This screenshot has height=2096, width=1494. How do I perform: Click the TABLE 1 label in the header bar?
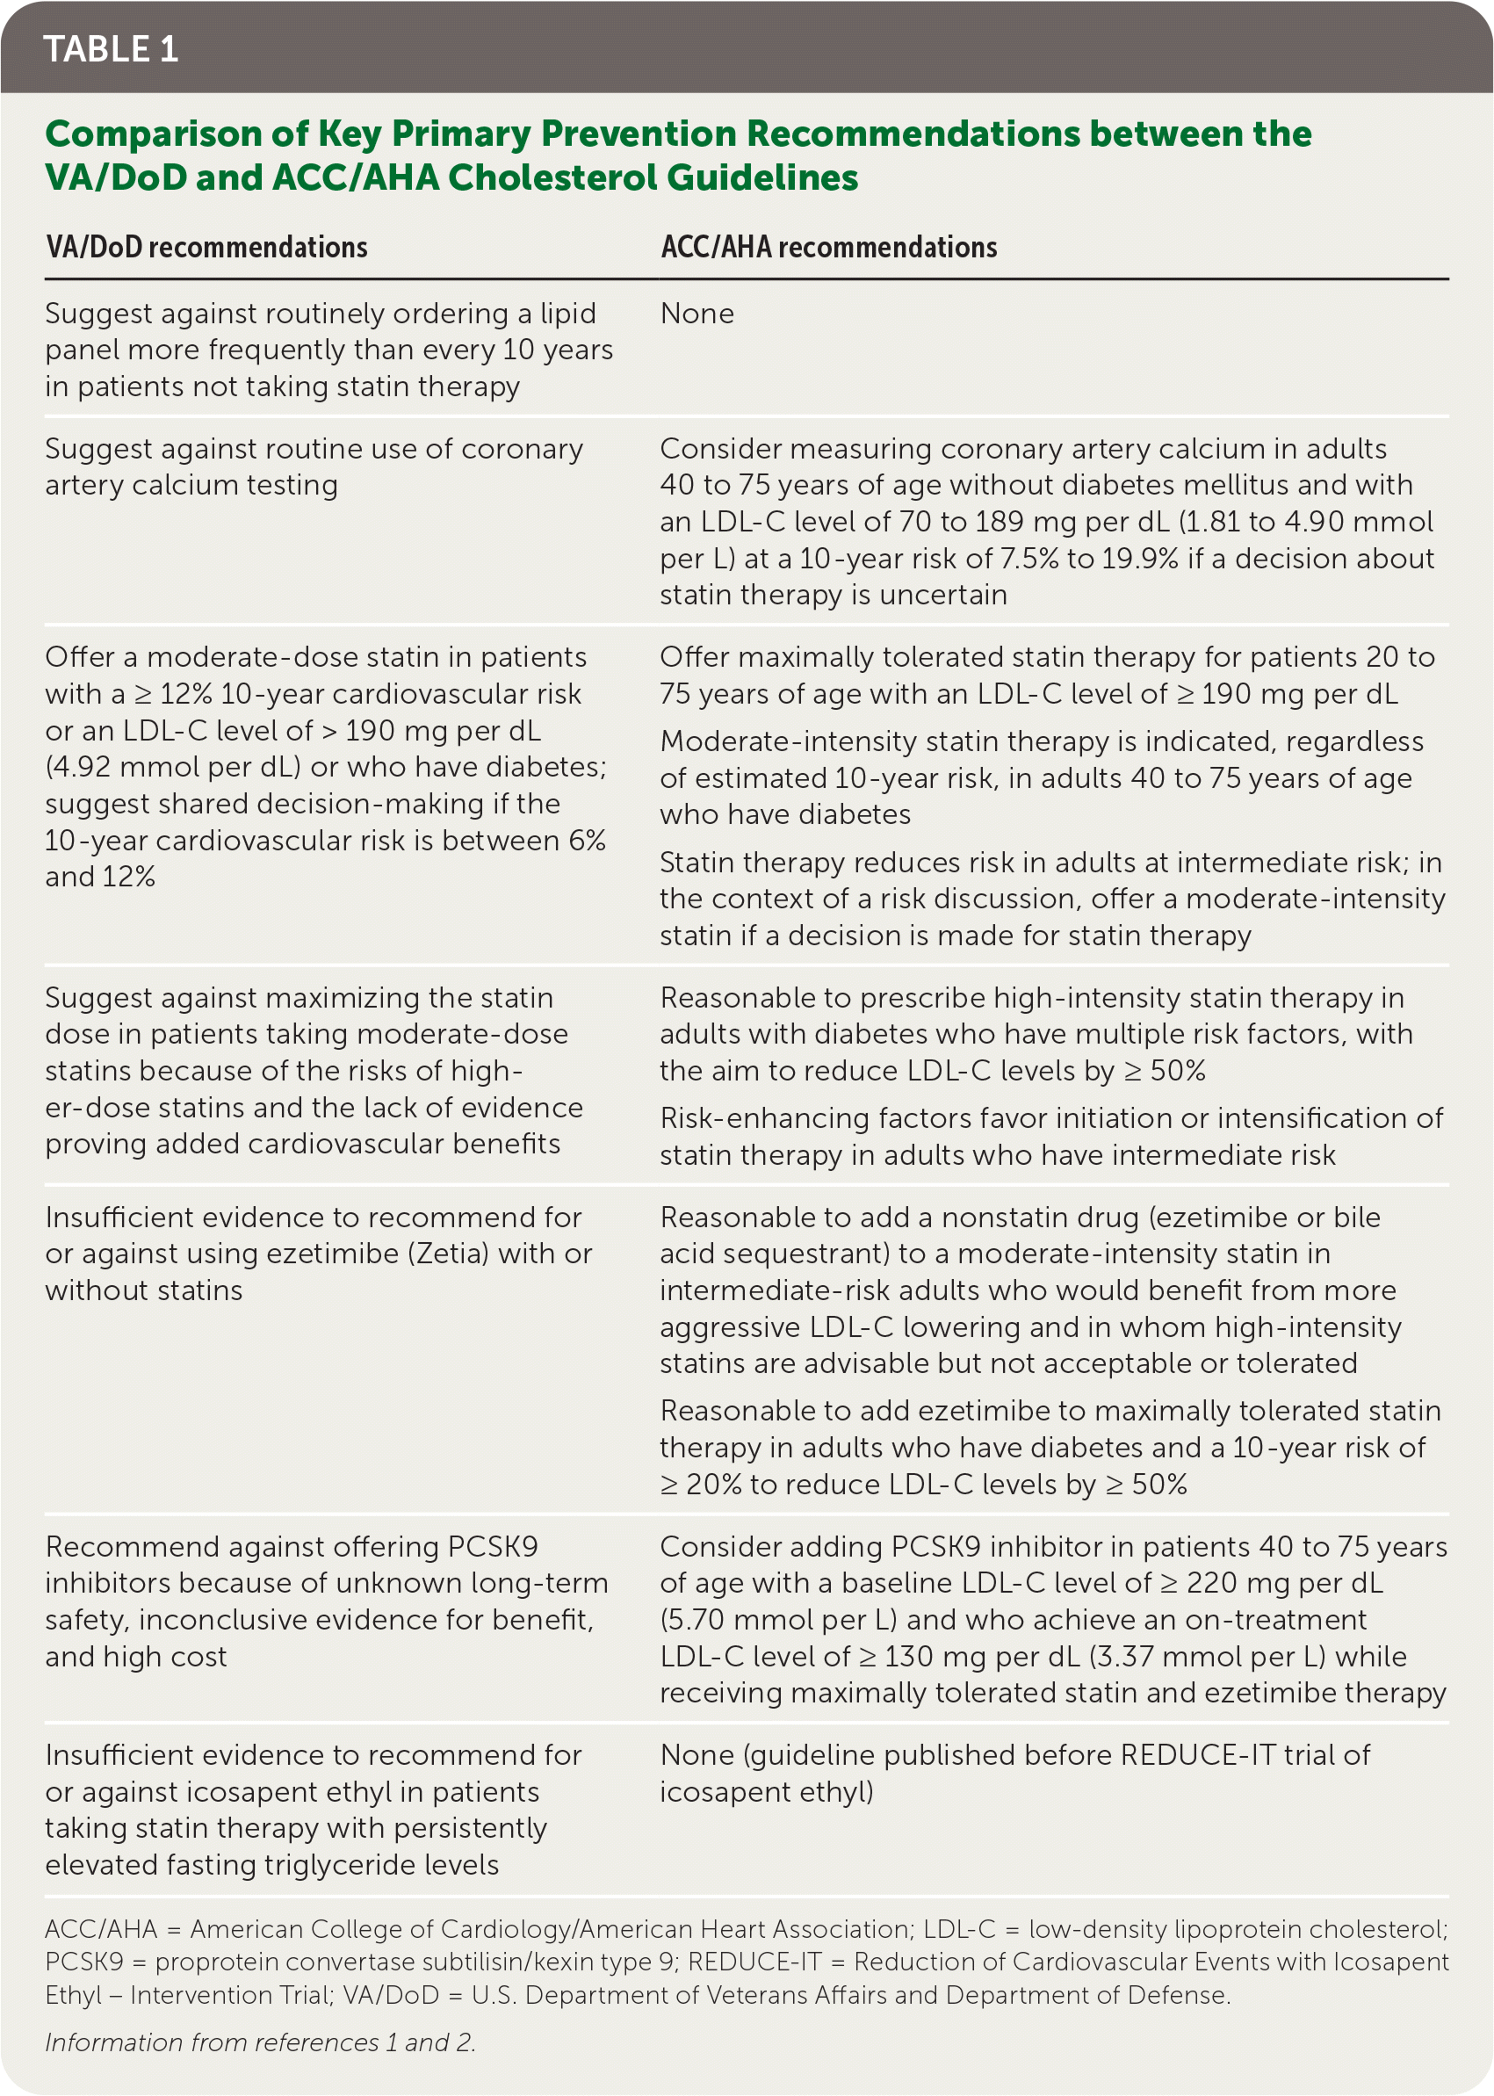point(111,50)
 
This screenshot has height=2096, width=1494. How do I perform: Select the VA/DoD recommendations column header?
point(206,248)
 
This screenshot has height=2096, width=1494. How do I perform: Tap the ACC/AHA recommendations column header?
point(828,248)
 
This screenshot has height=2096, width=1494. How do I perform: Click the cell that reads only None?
point(696,314)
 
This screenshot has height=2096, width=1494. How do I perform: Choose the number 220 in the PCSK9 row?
point(1214,1583)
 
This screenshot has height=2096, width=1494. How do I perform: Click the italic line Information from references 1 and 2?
point(260,2042)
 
